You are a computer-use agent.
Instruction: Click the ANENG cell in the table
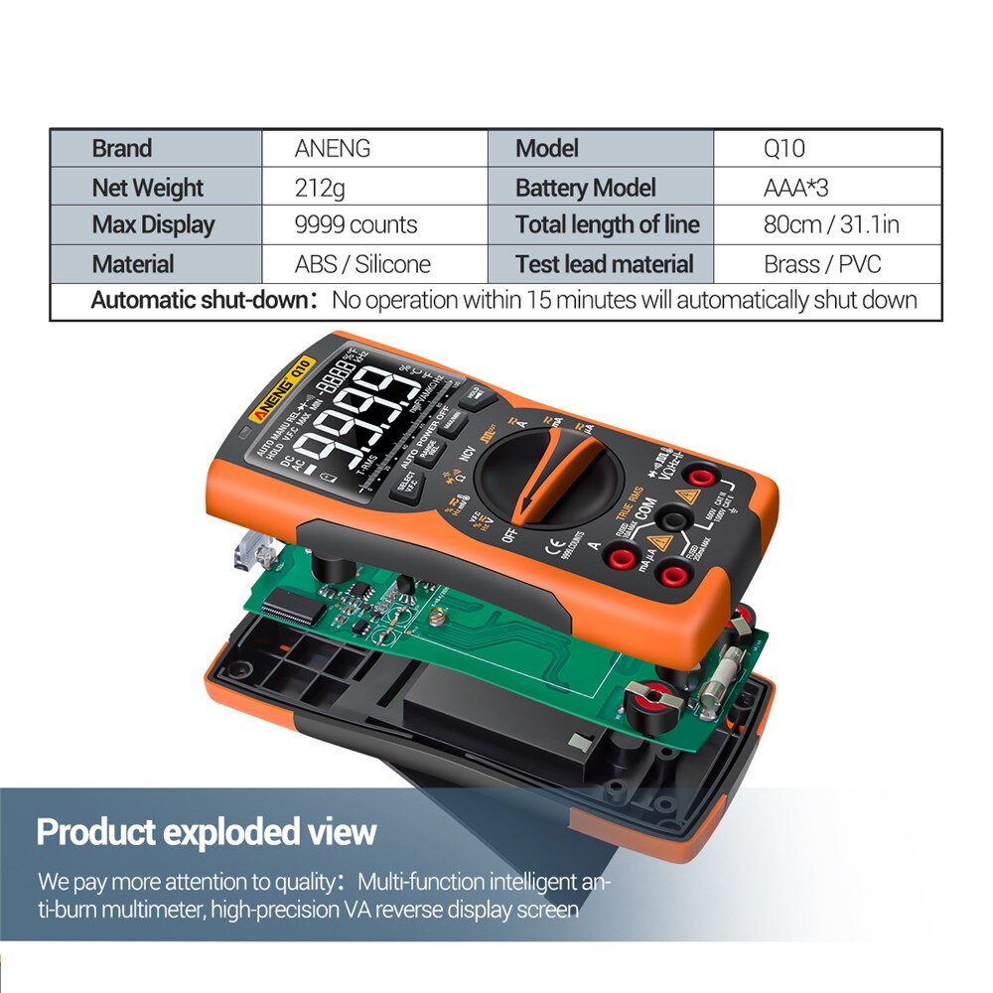coord(332,149)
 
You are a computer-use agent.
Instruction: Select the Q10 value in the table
coord(783,149)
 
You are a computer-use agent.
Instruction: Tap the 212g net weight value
coord(320,188)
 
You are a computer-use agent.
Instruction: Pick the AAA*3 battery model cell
coord(795,188)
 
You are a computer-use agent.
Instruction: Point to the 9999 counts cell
coord(355,225)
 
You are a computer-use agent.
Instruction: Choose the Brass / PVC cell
coord(822,264)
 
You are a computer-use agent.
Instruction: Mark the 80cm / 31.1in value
coord(830,225)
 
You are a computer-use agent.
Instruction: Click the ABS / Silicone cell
coord(362,264)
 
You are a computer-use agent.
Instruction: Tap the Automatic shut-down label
coord(205,300)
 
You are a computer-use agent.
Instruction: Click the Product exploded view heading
coord(207,831)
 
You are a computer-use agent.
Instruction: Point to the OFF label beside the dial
coord(510,534)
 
